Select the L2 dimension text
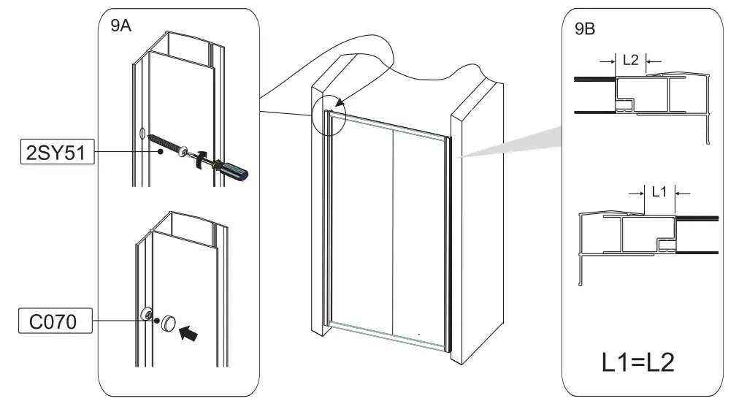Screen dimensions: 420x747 pyautogui.click(x=630, y=61)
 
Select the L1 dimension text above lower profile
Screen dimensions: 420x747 pyautogui.click(x=659, y=192)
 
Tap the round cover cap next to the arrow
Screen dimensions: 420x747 pyautogui.click(x=169, y=321)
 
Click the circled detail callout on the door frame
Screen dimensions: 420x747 pyautogui.click(x=329, y=115)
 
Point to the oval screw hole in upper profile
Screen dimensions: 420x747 pyautogui.click(x=140, y=134)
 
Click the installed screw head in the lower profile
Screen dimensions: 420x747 pyautogui.click(x=148, y=315)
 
